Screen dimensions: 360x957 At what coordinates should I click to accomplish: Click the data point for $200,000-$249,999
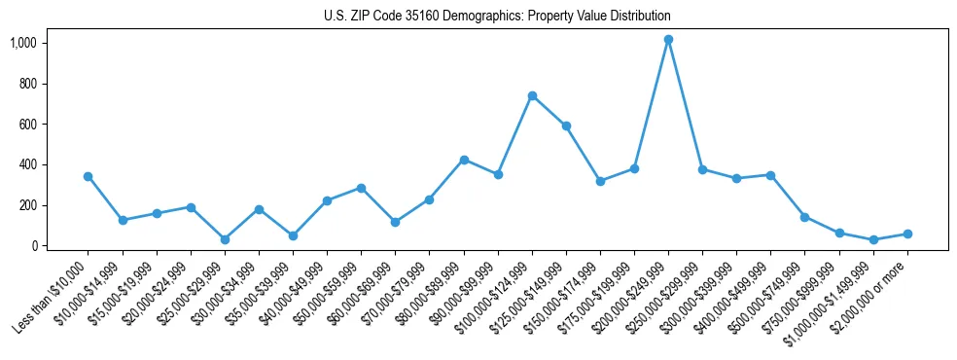click(x=668, y=40)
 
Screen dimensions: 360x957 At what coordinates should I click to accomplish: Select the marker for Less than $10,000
click(x=89, y=176)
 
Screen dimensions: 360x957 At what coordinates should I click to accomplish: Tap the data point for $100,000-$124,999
click(x=532, y=95)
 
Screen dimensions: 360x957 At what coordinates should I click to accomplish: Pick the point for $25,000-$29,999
click(x=225, y=239)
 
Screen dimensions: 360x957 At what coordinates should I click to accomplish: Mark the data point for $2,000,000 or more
click(x=907, y=234)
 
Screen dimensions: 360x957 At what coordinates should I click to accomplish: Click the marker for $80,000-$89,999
click(x=464, y=160)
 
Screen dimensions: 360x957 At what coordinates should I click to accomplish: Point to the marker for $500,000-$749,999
click(x=805, y=217)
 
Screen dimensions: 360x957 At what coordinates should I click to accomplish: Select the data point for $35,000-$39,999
click(x=293, y=235)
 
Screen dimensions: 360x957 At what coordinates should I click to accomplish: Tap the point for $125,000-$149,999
click(x=566, y=126)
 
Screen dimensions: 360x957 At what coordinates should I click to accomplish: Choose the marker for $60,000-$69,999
click(x=396, y=222)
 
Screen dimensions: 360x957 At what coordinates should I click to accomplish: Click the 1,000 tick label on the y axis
click(x=23, y=43)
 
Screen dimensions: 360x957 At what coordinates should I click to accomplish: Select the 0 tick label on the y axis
click(x=33, y=246)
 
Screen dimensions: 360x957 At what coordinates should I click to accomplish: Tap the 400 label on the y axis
click(x=26, y=165)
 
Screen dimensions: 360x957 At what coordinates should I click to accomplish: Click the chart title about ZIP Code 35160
click(x=497, y=17)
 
